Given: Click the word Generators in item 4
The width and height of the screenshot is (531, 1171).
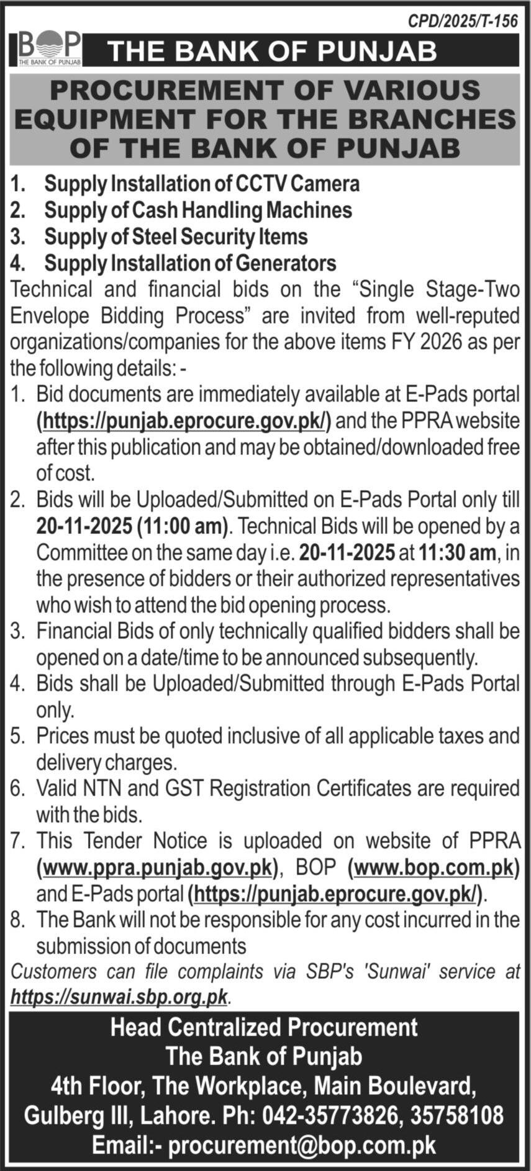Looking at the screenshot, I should (x=285, y=263).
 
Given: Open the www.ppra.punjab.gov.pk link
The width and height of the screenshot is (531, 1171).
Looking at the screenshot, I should (x=155, y=867).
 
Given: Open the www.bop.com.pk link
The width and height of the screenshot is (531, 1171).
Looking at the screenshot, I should (x=433, y=867).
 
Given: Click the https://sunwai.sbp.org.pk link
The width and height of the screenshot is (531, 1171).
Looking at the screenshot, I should (x=119, y=997).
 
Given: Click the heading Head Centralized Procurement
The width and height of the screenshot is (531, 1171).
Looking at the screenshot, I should (x=264, y=1028).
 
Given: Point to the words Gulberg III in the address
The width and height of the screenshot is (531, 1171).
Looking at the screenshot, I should (x=75, y=1115).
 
